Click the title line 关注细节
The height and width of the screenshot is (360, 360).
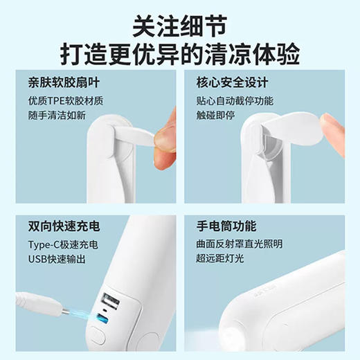click(x=179, y=25)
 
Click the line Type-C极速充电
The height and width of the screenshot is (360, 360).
click(x=64, y=245)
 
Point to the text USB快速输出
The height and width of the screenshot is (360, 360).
click(x=58, y=260)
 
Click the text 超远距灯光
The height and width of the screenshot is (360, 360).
click(x=222, y=260)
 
